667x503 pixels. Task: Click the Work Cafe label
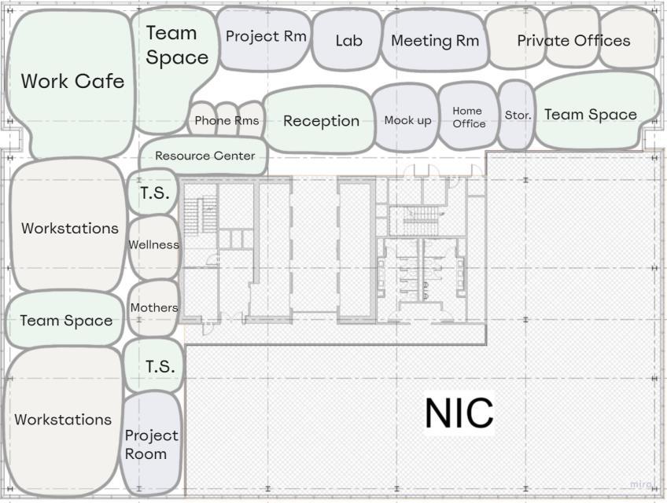(72, 81)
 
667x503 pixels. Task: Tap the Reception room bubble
(321, 120)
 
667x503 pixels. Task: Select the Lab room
(348, 40)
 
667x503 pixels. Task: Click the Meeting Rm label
(434, 41)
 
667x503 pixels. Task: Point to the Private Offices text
(573, 40)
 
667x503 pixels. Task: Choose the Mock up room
(407, 120)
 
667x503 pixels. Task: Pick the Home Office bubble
(468, 117)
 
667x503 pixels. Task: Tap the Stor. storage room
(518, 115)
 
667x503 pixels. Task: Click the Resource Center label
(205, 156)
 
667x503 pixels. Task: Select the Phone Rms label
(227, 120)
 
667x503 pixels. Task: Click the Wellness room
(154, 244)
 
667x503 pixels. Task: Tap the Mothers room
(154, 307)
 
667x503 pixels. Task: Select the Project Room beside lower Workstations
(152, 444)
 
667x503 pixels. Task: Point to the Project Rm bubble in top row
(266, 36)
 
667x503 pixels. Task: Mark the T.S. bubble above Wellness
(155, 193)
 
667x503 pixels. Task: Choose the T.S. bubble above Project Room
(160, 366)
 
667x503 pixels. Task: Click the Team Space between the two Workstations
(66, 320)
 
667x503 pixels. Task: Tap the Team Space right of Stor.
(591, 114)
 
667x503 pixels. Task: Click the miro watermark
(642, 485)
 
